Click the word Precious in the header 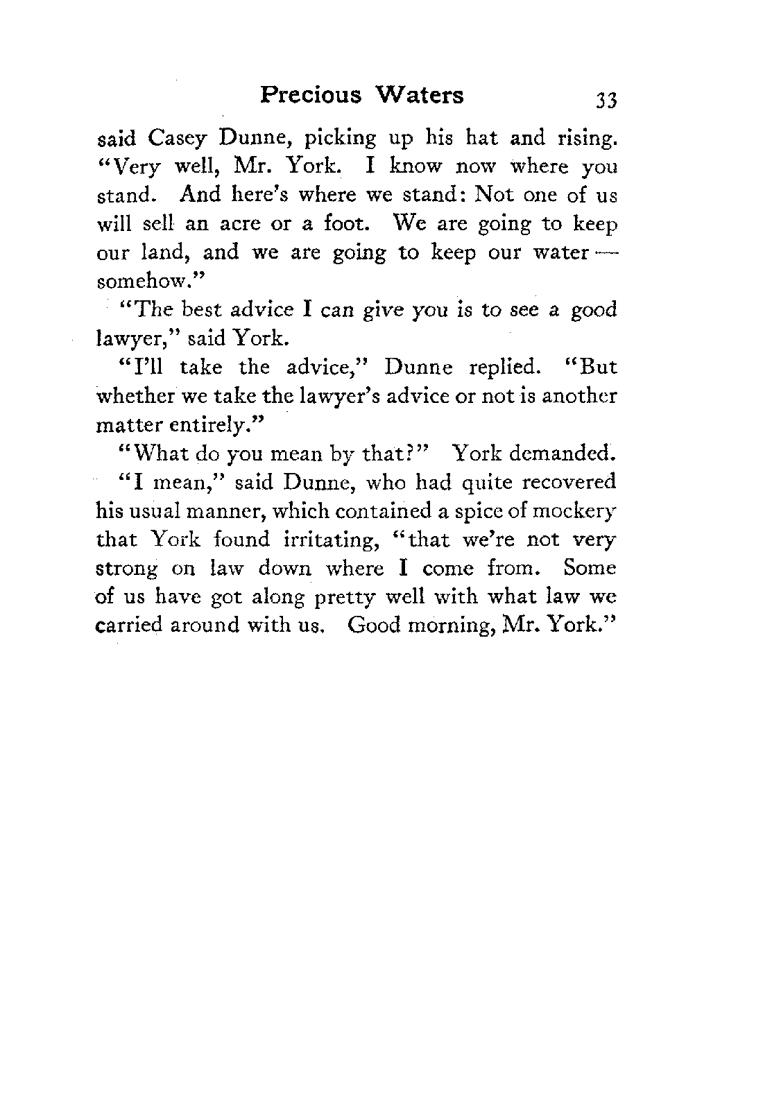pyautogui.click(x=311, y=94)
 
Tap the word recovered pyautogui.click(x=570, y=481)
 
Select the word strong pyautogui.click(x=127, y=569)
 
